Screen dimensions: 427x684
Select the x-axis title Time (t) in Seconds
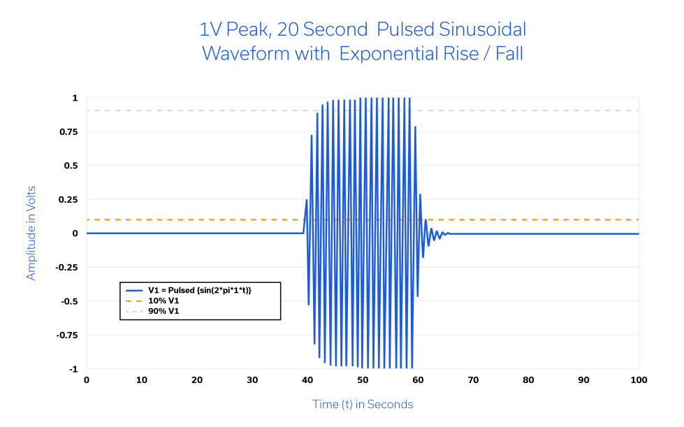pos(362,405)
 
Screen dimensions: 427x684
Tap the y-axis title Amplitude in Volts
pos(31,233)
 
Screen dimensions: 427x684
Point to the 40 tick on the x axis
pos(307,380)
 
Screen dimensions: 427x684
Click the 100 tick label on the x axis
pos(639,380)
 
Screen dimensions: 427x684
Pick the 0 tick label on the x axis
pos(87,380)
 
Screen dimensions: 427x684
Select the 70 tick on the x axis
pos(473,380)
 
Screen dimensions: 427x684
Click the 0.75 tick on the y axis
pos(68,132)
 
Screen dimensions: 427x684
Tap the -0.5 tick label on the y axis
pos(69,301)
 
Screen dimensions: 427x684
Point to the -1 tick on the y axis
pos(73,369)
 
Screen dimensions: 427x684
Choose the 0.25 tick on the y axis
pos(68,200)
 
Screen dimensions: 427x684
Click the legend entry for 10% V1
pos(163,301)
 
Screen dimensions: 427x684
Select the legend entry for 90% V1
pos(163,311)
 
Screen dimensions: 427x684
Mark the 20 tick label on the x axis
pos(197,380)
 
